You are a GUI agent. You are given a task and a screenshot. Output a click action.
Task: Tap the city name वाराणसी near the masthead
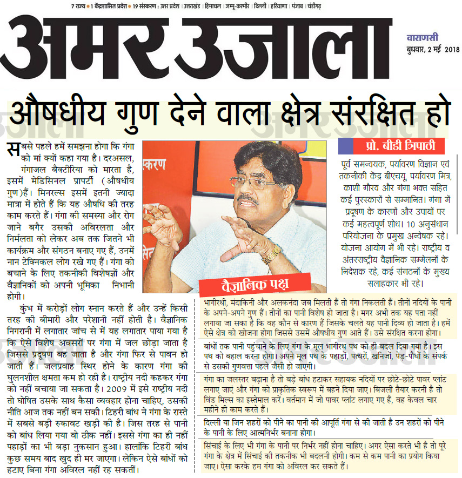pyautogui.click(x=423, y=38)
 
